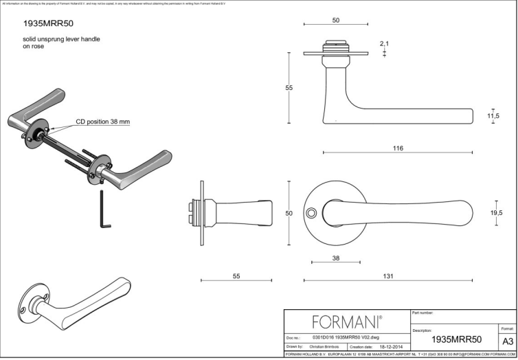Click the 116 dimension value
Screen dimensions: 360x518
click(x=398, y=148)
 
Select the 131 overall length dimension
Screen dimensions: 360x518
click(x=388, y=276)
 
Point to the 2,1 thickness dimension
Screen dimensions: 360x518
click(x=384, y=44)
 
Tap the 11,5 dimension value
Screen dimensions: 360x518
click(x=493, y=115)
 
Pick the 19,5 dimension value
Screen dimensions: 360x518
click(x=495, y=213)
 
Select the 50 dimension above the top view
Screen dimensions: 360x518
click(x=335, y=21)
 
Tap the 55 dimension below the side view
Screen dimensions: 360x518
click(x=236, y=276)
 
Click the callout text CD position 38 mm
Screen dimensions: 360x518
click(x=102, y=121)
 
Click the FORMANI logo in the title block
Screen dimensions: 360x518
click(x=348, y=322)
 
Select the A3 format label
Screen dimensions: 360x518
click(x=508, y=341)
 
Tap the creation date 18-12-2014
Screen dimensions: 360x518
click(x=394, y=348)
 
